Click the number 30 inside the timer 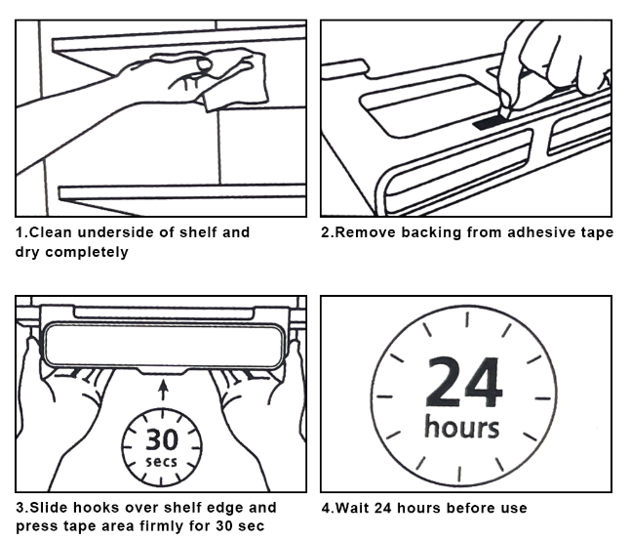pos(161,438)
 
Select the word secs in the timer pos(161,461)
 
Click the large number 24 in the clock pos(464,383)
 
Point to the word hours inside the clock pos(462,428)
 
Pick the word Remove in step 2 pos(365,232)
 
